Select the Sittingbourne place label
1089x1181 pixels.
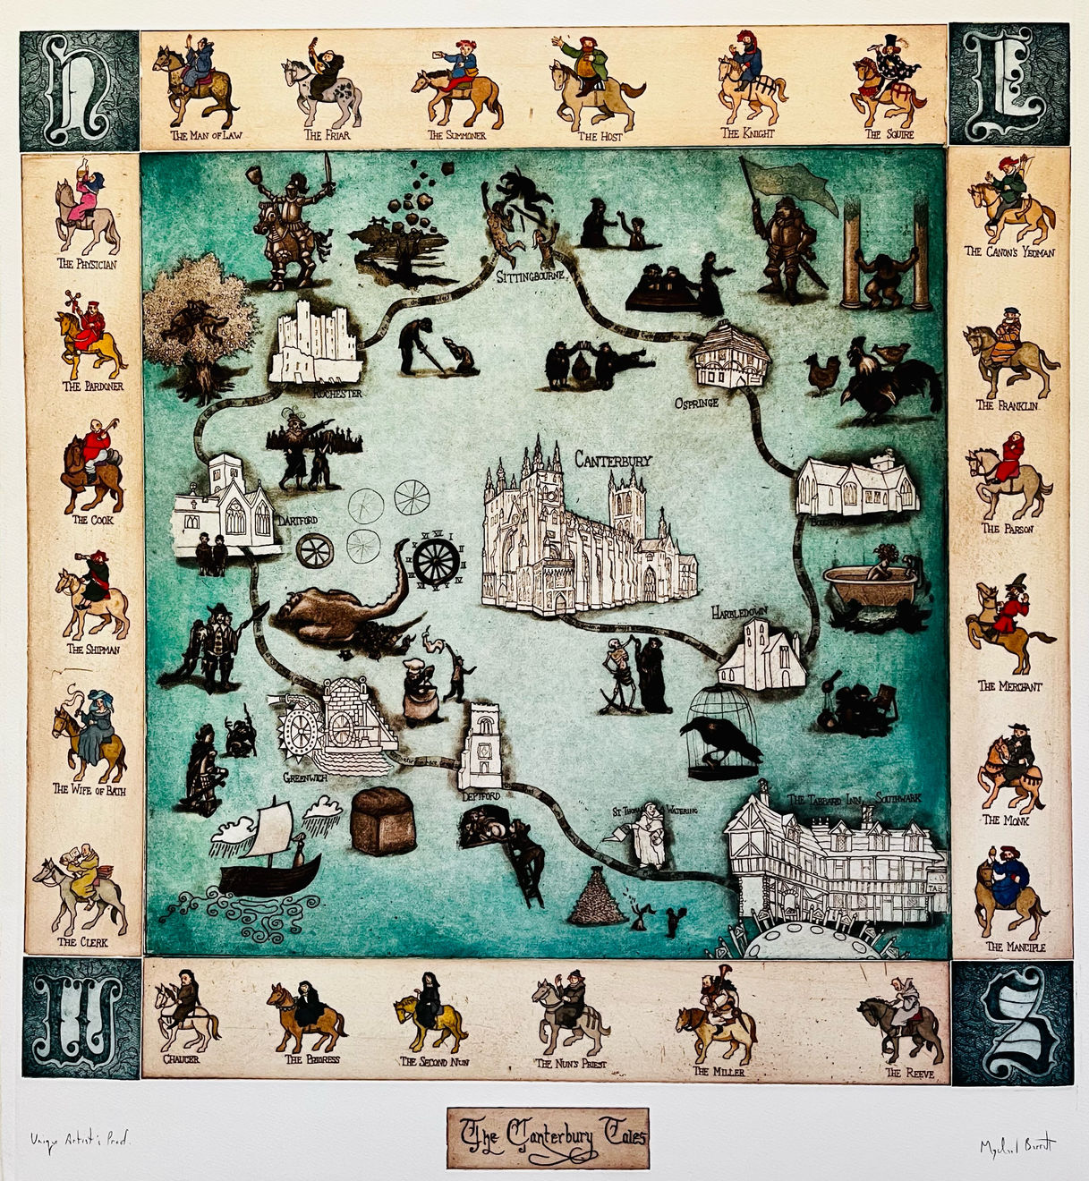(532, 276)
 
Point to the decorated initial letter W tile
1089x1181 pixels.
(80, 1019)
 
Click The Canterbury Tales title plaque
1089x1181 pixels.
(548, 1137)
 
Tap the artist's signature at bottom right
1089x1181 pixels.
(1017, 1146)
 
